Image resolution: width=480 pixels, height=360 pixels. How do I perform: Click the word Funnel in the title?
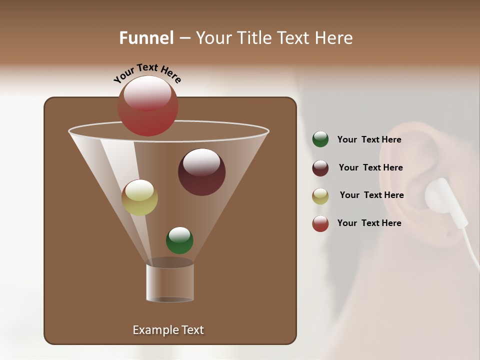(146, 38)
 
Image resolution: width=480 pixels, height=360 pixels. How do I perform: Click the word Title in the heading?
(253, 38)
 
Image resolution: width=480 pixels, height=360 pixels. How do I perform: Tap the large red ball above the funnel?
(148, 106)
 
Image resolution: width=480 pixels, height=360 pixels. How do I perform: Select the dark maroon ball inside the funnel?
(201, 172)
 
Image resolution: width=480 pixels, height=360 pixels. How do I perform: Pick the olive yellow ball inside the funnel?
(139, 197)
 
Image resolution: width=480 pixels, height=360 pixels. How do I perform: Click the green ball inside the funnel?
(179, 240)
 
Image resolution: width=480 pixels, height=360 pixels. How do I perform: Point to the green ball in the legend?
(320, 139)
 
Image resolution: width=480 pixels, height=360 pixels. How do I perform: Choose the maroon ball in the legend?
(320, 168)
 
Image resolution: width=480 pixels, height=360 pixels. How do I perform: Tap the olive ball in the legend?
(320, 196)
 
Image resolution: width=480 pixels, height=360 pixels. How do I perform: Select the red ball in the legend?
(320, 223)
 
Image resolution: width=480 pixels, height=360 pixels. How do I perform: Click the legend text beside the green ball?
(369, 140)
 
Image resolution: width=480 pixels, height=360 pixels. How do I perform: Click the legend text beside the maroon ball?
(370, 168)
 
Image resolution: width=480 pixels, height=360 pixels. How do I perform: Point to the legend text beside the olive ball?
(371, 195)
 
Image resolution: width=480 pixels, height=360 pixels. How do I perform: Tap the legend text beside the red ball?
(369, 223)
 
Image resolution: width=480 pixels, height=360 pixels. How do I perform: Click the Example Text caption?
(168, 330)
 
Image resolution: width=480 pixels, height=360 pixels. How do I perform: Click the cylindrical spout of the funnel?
(170, 283)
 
